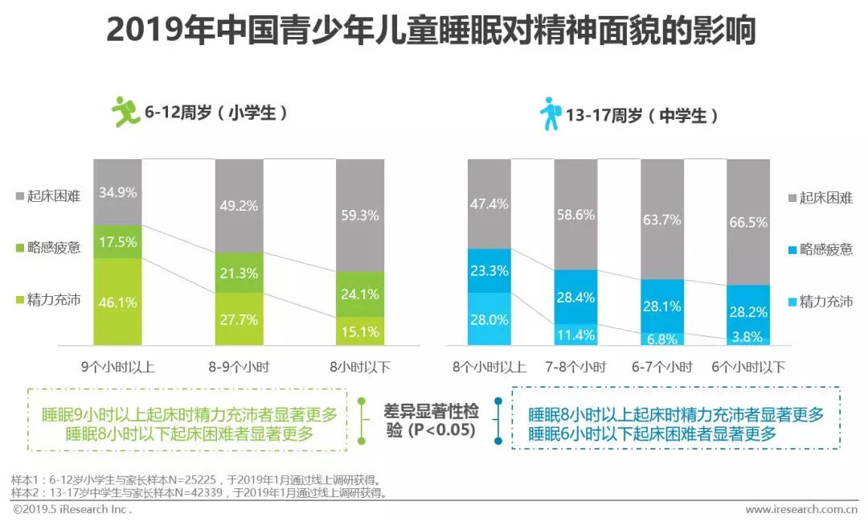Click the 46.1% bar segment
(x=117, y=302)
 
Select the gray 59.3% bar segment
(x=360, y=215)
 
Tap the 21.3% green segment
(x=239, y=273)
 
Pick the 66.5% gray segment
(x=748, y=222)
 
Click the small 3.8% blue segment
(x=748, y=338)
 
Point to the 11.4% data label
(x=575, y=335)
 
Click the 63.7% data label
(x=661, y=219)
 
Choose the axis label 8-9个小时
(x=239, y=368)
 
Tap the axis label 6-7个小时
(x=661, y=368)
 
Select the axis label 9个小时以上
(x=117, y=368)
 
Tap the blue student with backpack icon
(x=550, y=113)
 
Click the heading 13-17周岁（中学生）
(x=642, y=116)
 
